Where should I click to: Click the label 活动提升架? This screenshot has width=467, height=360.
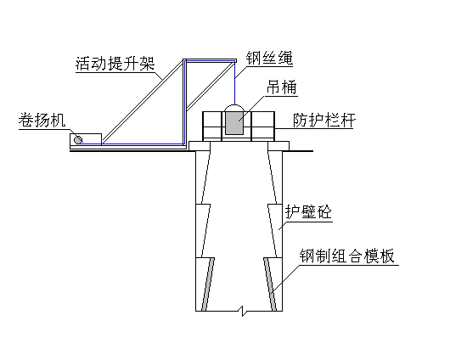click(x=115, y=64)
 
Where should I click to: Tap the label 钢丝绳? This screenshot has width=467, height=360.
click(x=269, y=58)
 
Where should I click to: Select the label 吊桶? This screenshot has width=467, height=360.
click(x=282, y=87)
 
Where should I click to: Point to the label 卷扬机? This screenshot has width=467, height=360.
click(x=42, y=121)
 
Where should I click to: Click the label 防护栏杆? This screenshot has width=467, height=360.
click(x=324, y=121)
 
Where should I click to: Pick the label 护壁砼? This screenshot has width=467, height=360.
click(x=308, y=212)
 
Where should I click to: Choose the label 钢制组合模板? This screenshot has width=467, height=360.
click(x=347, y=256)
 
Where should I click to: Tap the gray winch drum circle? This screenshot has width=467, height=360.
click(x=78, y=139)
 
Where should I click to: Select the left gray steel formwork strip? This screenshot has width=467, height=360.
click(x=208, y=284)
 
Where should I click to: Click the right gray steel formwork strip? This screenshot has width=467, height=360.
click(x=270, y=284)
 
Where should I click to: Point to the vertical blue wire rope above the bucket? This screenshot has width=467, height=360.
click(x=234, y=83)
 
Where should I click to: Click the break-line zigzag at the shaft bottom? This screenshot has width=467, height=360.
click(x=244, y=311)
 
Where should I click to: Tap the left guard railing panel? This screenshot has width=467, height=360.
click(x=212, y=127)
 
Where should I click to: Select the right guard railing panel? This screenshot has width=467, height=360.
click(x=263, y=127)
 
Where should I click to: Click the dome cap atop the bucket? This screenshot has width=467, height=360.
click(x=234, y=108)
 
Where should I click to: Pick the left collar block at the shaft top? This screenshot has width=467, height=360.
click(x=200, y=146)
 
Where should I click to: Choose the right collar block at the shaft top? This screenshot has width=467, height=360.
click(x=279, y=146)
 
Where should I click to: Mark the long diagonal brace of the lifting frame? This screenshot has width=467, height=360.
click(x=143, y=102)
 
